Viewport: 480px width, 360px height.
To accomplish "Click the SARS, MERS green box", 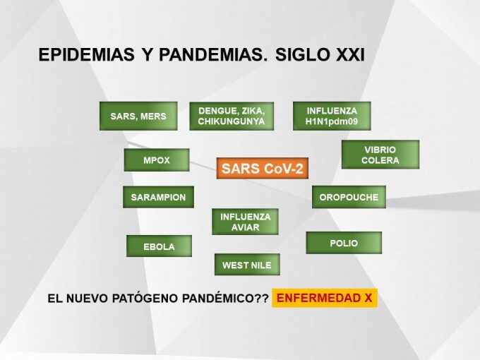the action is (x=138, y=116).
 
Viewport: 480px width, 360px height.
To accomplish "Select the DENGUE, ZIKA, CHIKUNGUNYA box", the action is (x=232, y=116).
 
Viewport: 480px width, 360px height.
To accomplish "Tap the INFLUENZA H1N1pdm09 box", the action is (x=332, y=116).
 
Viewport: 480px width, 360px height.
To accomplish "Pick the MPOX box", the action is (x=157, y=160).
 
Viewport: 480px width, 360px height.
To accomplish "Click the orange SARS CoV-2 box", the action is (x=263, y=169).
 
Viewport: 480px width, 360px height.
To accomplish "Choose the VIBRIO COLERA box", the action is (x=380, y=155).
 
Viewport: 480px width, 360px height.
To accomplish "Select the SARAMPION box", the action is (x=158, y=197).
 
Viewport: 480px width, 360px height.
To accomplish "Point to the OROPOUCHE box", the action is (x=349, y=197).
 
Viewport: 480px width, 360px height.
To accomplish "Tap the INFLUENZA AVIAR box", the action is (x=245, y=222).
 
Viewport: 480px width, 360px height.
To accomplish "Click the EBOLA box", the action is (x=160, y=246).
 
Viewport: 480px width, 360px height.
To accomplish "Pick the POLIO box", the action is (x=344, y=243).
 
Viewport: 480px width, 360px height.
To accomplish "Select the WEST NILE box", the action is (x=247, y=265).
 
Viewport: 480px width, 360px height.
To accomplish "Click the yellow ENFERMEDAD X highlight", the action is (x=325, y=298).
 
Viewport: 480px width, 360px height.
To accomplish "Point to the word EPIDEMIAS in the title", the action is (x=87, y=55).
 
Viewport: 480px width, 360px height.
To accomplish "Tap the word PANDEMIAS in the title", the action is (x=213, y=55).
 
